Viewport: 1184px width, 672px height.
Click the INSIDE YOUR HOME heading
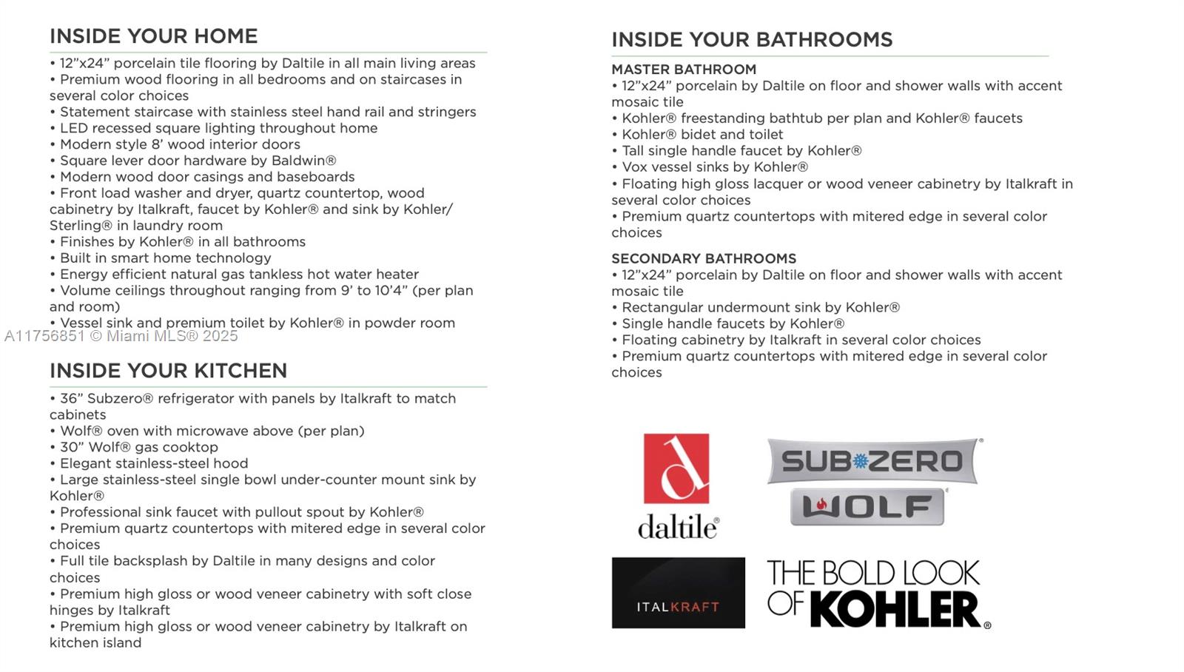[153, 36]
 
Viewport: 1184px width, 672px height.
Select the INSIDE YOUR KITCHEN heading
[168, 371]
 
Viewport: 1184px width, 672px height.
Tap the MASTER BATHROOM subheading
[684, 70]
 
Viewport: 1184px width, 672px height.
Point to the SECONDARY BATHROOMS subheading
[704, 258]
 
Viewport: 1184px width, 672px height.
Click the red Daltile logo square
[676, 468]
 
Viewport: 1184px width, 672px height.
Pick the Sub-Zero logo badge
[872, 461]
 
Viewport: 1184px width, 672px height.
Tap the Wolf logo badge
[867, 507]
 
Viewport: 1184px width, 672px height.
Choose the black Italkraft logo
[678, 593]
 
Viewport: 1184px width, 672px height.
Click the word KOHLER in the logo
[895, 610]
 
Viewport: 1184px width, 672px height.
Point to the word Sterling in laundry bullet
[80, 226]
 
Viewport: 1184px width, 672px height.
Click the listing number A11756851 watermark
[44, 336]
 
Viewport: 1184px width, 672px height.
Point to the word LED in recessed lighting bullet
[74, 128]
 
